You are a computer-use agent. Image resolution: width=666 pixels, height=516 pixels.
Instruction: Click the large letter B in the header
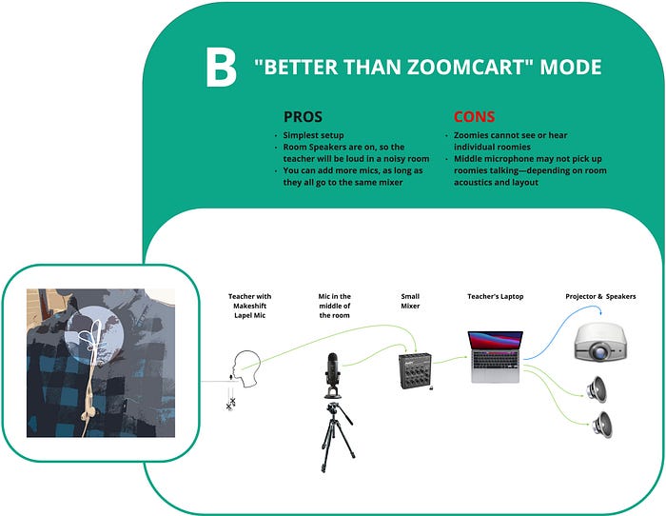pyautogui.click(x=221, y=68)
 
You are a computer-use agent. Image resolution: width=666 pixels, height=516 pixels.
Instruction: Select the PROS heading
pyautogui.click(x=303, y=116)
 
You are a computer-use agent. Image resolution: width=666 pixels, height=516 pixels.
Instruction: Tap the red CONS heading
pyautogui.click(x=474, y=116)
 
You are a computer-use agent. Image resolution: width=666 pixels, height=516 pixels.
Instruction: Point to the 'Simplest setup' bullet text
pyautogui.click(x=313, y=135)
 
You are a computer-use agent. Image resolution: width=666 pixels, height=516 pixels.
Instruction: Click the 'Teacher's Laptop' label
pyautogui.click(x=496, y=296)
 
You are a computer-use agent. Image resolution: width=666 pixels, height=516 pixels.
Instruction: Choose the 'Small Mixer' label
pyautogui.click(x=410, y=301)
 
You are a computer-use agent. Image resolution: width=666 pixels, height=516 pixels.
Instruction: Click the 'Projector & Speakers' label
pyautogui.click(x=600, y=296)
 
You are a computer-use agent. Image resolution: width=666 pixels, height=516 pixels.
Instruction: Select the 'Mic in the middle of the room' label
pyautogui.click(x=335, y=306)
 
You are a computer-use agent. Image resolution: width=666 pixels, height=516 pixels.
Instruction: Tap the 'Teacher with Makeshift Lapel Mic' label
pyautogui.click(x=249, y=306)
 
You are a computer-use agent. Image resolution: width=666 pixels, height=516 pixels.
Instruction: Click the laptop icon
pyautogui.click(x=496, y=357)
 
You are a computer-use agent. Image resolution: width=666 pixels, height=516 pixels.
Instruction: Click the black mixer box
pyautogui.click(x=416, y=370)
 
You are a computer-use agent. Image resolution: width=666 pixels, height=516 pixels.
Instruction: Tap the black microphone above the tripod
pyautogui.click(x=332, y=375)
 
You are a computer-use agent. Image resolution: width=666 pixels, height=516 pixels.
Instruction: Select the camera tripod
pyautogui.click(x=338, y=437)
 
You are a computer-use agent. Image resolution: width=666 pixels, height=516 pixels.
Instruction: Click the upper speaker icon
pyautogui.click(x=597, y=389)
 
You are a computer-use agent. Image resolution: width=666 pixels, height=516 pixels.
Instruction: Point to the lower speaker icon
pyautogui.click(x=602, y=425)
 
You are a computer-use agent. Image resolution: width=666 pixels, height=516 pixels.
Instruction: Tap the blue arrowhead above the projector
pyautogui.click(x=601, y=312)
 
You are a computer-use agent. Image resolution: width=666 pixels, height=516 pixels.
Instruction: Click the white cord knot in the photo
pyautogui.click(x=92, y=337)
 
